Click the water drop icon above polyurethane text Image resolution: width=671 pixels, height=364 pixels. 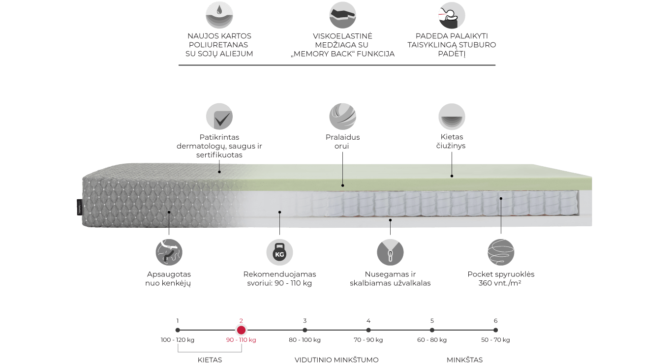[219, 15]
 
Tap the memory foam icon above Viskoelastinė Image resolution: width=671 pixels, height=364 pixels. [342, 15]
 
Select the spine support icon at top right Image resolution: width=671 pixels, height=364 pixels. [452, 15]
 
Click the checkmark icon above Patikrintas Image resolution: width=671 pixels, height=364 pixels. [219, 117]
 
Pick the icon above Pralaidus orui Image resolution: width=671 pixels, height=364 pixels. [342, 117]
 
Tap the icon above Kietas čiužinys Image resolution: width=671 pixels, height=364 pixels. [452, 117]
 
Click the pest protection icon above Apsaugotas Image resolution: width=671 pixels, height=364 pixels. [169, 252]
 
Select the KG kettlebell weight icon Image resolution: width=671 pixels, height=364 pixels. [279, 252]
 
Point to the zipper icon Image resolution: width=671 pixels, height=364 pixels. [390, 252]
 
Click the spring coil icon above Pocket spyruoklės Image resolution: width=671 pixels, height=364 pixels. [501, 252]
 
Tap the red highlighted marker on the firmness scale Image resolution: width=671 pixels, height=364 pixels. [241, 330]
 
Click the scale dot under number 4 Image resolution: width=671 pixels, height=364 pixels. [368, 330]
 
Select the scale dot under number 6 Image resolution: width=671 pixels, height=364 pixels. [495, 330]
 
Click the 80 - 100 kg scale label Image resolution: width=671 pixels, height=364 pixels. [305, 340]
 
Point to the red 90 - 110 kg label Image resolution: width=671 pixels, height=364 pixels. [241, 340]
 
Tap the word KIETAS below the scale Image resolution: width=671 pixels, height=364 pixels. [210, 360]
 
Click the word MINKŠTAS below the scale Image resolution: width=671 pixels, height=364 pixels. [464, 360]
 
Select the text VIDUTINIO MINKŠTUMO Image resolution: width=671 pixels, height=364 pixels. [336, 360]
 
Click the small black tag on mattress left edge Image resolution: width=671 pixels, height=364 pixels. [79, 207]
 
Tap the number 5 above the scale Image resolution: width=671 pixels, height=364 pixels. [432, 321]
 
